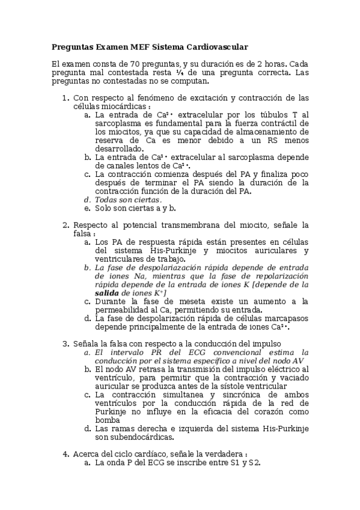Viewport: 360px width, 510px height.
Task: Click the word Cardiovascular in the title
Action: [217, 46]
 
